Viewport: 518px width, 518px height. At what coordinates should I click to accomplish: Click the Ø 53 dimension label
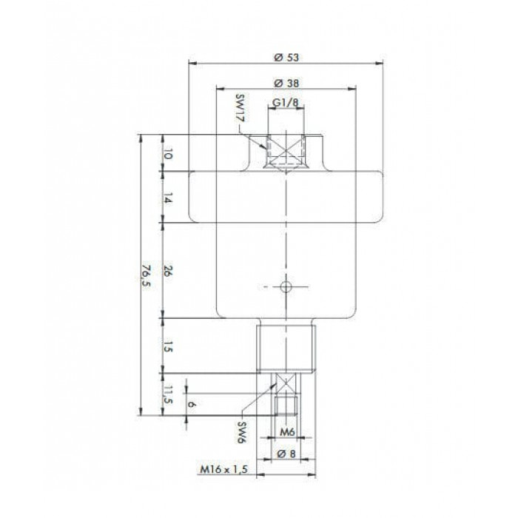click(x=286, y=58)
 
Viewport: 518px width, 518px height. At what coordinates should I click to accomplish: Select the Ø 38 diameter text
click(x=286, y=83)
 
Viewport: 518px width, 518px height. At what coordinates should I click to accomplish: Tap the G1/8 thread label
click(x=285, y=103)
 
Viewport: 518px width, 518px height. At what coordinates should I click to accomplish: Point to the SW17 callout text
click(x=242, y=108)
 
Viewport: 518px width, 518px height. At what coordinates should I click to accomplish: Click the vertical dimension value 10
click(x=168, y=154)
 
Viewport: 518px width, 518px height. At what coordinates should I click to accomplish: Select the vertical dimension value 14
click(x=168, y=199)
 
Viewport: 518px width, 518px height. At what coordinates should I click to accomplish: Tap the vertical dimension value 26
click(x=168, y=272)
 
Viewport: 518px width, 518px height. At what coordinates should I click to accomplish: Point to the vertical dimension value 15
click(x=168, y=347)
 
